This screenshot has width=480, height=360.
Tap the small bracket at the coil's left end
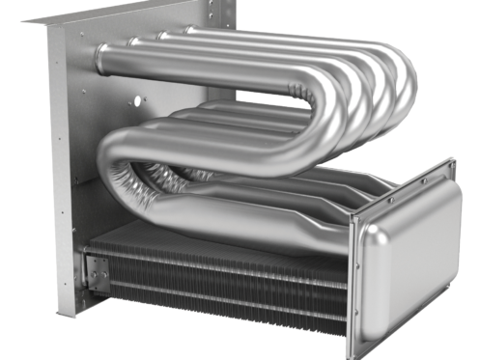pyautogui.click(x=97, y=276)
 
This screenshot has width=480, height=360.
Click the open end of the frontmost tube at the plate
pyautogui.click(x=101, y=60)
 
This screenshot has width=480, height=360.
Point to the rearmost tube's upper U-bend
pyautogui.click(x=406, y=77)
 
